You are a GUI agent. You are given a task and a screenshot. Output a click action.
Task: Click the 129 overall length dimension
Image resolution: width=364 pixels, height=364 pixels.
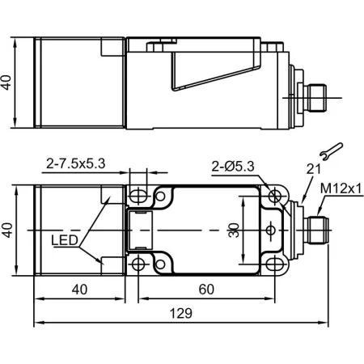(x=181, y=313)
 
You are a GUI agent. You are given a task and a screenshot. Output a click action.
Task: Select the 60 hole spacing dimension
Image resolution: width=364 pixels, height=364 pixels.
(x=206, y=290)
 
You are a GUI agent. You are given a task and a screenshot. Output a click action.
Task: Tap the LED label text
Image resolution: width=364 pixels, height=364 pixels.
(x=65, y=240)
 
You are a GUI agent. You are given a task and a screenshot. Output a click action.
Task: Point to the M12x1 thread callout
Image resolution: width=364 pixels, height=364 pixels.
(x=341, y=188)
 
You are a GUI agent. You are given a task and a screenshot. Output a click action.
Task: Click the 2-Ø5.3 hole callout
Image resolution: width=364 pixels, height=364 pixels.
(x=233, y=167)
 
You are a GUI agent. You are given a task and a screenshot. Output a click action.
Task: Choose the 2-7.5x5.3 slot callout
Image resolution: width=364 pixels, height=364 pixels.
(x=75, y=163)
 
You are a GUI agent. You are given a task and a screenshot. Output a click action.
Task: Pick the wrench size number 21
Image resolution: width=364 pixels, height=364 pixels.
(x=314, y=169)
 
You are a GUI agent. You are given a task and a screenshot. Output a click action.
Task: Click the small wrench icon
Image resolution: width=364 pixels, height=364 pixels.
(x=331, y=151)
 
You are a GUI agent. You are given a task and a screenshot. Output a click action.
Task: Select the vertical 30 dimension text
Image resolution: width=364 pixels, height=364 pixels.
(x=234, y=231)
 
